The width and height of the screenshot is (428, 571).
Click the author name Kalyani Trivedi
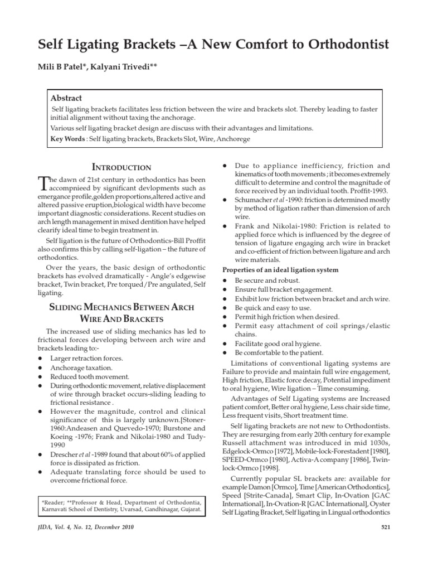tap(131, 68)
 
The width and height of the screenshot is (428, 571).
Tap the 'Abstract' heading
tap(66, 98)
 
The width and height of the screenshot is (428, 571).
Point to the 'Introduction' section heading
tap(121, 167)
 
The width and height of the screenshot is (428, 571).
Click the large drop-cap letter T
tap(43, 182)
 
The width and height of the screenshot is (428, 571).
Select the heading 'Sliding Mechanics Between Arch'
tap(121, 307)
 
